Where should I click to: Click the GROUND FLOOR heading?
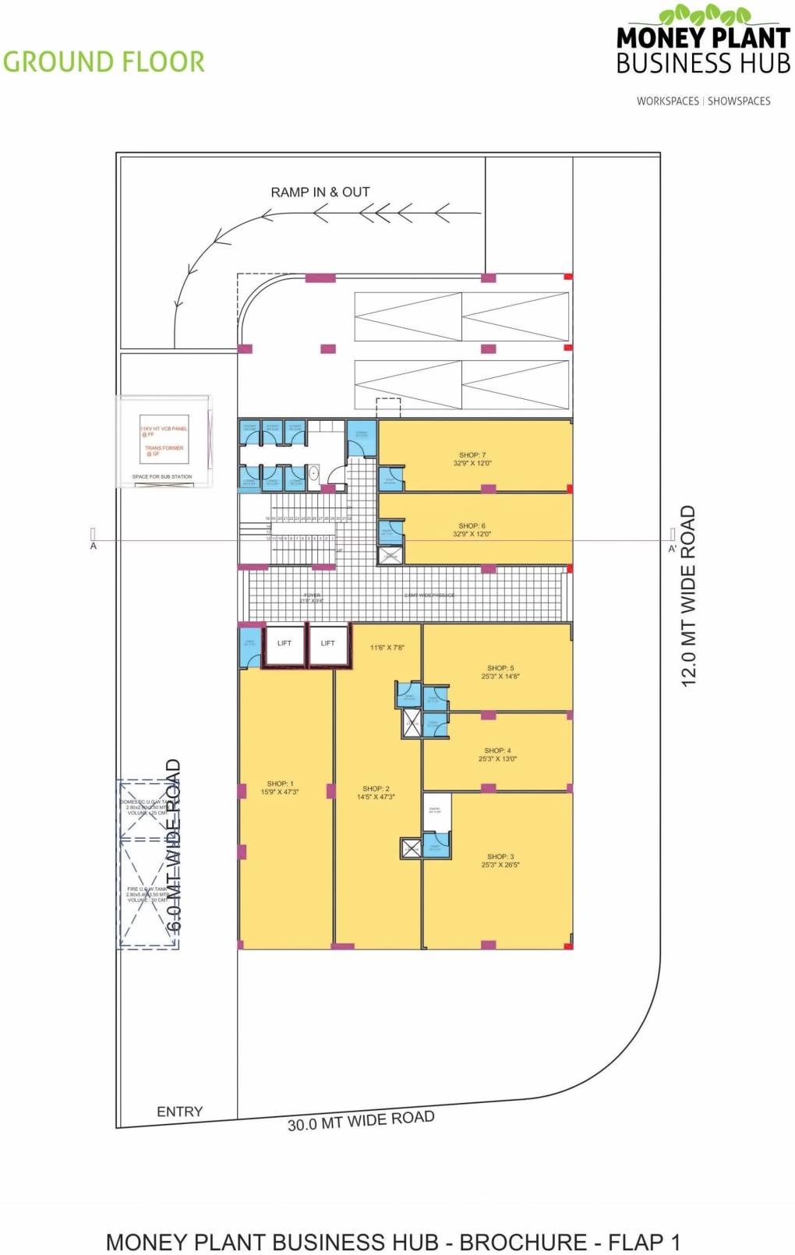104,62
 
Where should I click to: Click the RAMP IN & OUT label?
320,192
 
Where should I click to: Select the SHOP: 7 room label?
472,455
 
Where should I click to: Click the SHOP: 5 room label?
500,668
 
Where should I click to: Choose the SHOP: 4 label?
497,751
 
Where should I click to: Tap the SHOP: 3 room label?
500,857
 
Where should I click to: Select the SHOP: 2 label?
376,789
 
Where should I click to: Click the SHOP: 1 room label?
280,784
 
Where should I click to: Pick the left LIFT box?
284,644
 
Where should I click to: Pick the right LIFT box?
328,644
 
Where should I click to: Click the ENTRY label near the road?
179,1112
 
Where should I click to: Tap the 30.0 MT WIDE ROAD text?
361,1121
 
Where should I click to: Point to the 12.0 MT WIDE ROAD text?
688,596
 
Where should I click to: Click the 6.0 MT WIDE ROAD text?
175,845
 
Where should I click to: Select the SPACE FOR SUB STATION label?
162,476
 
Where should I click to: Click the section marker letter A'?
672,549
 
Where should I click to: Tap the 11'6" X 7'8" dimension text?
387,648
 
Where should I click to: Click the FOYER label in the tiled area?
311,596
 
